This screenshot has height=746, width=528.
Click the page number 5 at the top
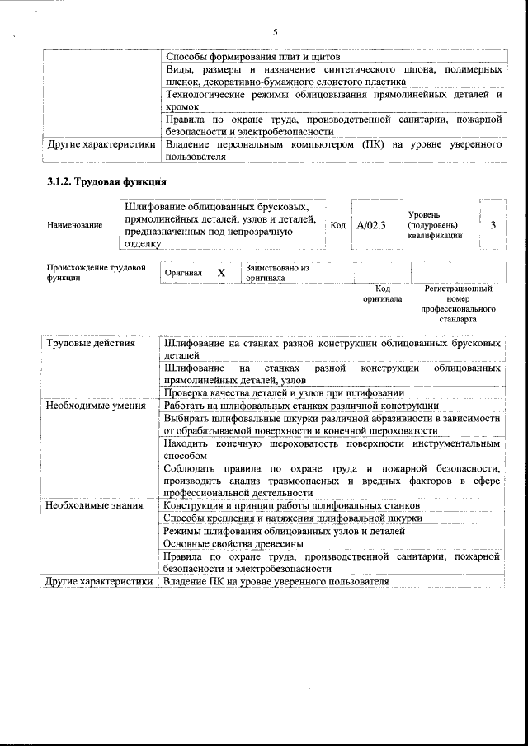click(274, 32)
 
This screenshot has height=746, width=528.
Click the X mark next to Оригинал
click(220, 273)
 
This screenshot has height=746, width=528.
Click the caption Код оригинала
click(382, 294)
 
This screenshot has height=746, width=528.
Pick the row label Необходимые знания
click(96, 505)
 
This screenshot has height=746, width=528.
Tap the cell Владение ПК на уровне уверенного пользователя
click(276, 582)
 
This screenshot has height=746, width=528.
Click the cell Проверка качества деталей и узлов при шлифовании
click(284, 393)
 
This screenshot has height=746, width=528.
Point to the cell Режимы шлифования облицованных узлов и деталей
click(284, 531)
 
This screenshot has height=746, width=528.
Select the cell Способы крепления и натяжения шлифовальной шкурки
click(293, 518)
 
